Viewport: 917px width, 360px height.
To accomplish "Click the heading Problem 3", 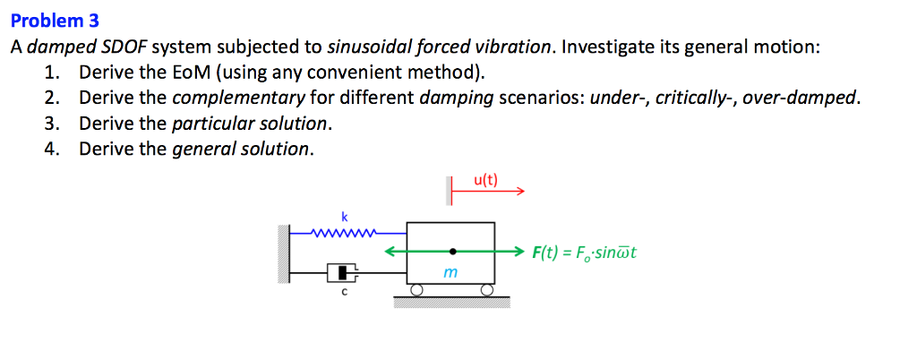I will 55,20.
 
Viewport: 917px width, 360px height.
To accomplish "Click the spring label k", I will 342,216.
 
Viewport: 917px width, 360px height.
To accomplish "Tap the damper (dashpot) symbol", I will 342,271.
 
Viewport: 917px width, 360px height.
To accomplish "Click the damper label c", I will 342,291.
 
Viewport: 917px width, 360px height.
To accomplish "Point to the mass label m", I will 452,270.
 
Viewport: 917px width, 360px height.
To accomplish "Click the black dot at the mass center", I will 452,252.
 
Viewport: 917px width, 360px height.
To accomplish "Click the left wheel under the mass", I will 416,290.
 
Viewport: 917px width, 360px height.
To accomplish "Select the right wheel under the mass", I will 487,290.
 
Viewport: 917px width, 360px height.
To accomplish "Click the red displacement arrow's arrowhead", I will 518,190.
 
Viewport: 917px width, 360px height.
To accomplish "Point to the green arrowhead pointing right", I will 518,252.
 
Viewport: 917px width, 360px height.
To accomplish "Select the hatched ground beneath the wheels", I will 451,302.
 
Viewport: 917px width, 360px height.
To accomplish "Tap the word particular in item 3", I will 206,123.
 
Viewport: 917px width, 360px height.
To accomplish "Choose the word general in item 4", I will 200,148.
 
